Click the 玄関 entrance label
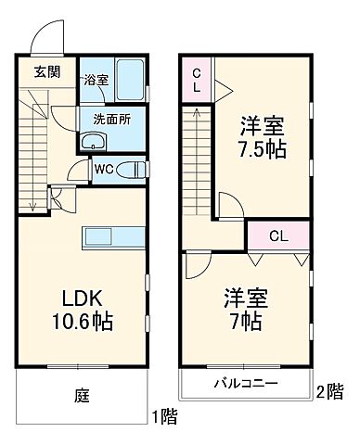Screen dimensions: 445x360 coord(46,72)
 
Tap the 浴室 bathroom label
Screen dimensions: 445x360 coord(96,80)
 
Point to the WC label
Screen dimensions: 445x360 coord(104,170)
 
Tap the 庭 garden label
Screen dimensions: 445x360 coord(82,393)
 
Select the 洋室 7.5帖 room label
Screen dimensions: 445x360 coord(263,137)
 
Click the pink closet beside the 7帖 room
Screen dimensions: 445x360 coord(277,235)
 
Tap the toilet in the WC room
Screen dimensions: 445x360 coord(135,169)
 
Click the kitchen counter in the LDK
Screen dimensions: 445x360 coord(111,236)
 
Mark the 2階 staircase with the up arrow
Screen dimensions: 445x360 coord(197,158)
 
